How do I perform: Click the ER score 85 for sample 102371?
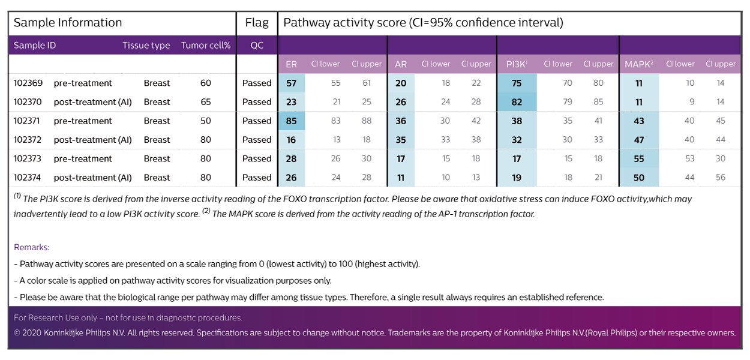pos(291,121)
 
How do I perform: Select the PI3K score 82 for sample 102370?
pos(517,102)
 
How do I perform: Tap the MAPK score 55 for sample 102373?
pos(639,159)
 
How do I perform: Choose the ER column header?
pos(291,64)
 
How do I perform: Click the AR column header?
pos(401,64)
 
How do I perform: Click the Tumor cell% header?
pos(206,46)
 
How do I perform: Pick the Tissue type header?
pos(146,46)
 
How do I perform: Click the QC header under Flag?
pos(257,46)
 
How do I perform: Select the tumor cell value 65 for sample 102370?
pos(206,102)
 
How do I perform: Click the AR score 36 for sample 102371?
pos(401,121)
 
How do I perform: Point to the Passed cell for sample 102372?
pos(257,140)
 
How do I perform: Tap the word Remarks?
pos(32,247)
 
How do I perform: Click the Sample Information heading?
pos(68,23)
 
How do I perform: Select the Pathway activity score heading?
pos(423,23)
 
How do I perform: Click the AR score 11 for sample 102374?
pos(401,178)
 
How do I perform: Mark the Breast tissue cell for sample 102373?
pos(157,159)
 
